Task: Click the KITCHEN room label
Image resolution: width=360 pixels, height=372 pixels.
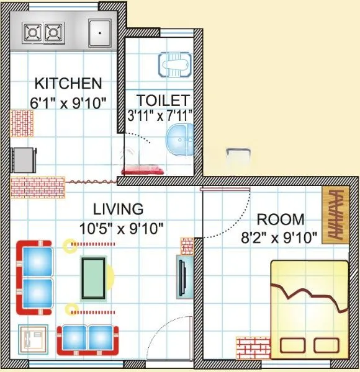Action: click(x=68, y=83)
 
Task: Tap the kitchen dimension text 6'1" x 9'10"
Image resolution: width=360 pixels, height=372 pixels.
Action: click(x=68, y=100)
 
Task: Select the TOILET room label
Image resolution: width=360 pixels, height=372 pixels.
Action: click(x=163, y=100)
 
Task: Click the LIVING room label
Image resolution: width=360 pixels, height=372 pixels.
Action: click(x=118, y=208)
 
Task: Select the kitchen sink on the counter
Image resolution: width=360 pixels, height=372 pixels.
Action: click(x=99, y=32)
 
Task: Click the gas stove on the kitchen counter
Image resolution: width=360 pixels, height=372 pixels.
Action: click(x=44, y=32)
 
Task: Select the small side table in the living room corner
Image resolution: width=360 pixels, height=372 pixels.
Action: click(x=32, y=340)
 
